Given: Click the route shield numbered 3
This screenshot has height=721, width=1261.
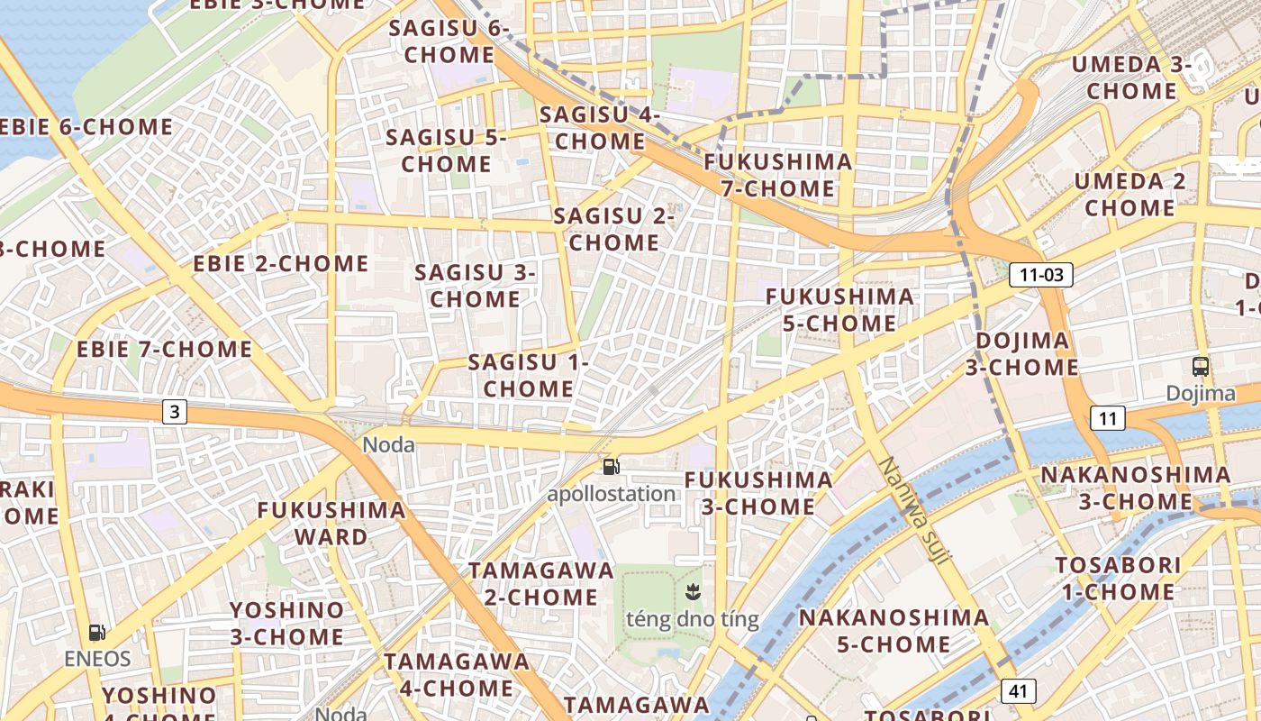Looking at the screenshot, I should pos(175,412).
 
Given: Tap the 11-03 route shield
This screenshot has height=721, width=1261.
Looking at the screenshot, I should pos(1040,275).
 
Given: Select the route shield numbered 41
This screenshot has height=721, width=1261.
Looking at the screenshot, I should pos(1018,691).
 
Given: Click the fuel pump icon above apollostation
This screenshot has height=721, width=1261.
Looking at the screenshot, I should pos(612,466).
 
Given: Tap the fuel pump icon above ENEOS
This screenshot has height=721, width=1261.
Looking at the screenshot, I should pos(97,633).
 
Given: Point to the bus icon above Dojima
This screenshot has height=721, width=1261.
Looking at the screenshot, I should pos(1200,367).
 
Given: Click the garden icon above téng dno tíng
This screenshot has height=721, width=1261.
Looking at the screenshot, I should pos(693,592).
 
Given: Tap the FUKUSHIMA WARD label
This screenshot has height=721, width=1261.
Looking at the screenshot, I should pos(331,524).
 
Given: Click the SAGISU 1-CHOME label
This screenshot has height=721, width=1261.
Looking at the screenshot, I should pos(528,376).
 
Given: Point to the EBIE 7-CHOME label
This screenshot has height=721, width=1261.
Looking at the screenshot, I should pos(164,349).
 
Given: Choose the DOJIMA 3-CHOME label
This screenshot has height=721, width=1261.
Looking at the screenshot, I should pos(1022,354).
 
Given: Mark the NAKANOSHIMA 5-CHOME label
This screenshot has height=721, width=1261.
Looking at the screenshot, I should pos(894,631).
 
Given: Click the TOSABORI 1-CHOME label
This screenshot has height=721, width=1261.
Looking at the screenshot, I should pos(1117,579).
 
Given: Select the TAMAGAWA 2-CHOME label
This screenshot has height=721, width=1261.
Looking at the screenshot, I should pos(540,584).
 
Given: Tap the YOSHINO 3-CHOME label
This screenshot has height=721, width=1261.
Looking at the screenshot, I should pos(286,624).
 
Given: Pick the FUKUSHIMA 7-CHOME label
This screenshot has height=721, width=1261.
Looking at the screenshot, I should pos(778,176).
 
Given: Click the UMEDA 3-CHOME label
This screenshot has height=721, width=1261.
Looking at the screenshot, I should pos(1131,78).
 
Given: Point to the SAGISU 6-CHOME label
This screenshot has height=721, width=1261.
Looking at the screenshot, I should pos(449,41).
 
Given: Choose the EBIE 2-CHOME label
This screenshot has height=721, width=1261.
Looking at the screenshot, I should pos(281,264).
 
